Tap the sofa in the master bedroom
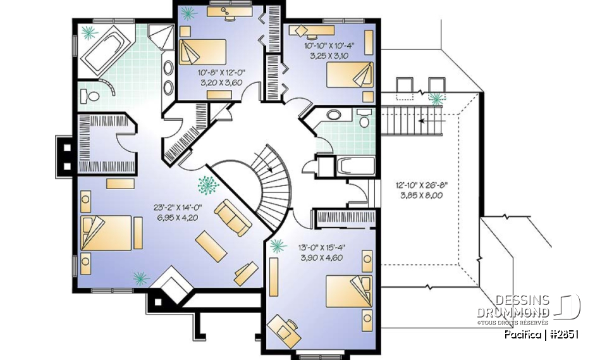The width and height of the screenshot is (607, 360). (x=232, y=216)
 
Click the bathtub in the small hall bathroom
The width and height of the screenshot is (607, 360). (x=355, y=166)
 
